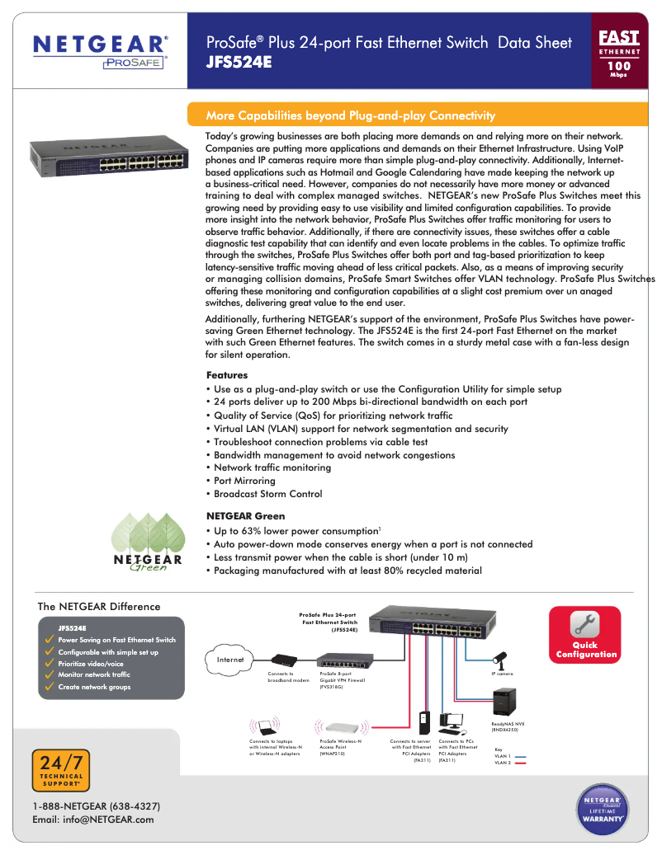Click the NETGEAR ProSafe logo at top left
(x=99, y=51)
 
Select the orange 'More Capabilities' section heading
(x=350, y=115)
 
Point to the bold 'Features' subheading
(x=227, y=375)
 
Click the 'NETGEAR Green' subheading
(x=245, y=516)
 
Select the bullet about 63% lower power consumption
(x=296, y=531)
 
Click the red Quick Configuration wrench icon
(x=586, y=624)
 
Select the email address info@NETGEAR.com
(x=93, y=820)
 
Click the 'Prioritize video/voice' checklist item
(x=91, y=664)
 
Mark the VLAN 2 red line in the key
(x=521, y=763)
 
